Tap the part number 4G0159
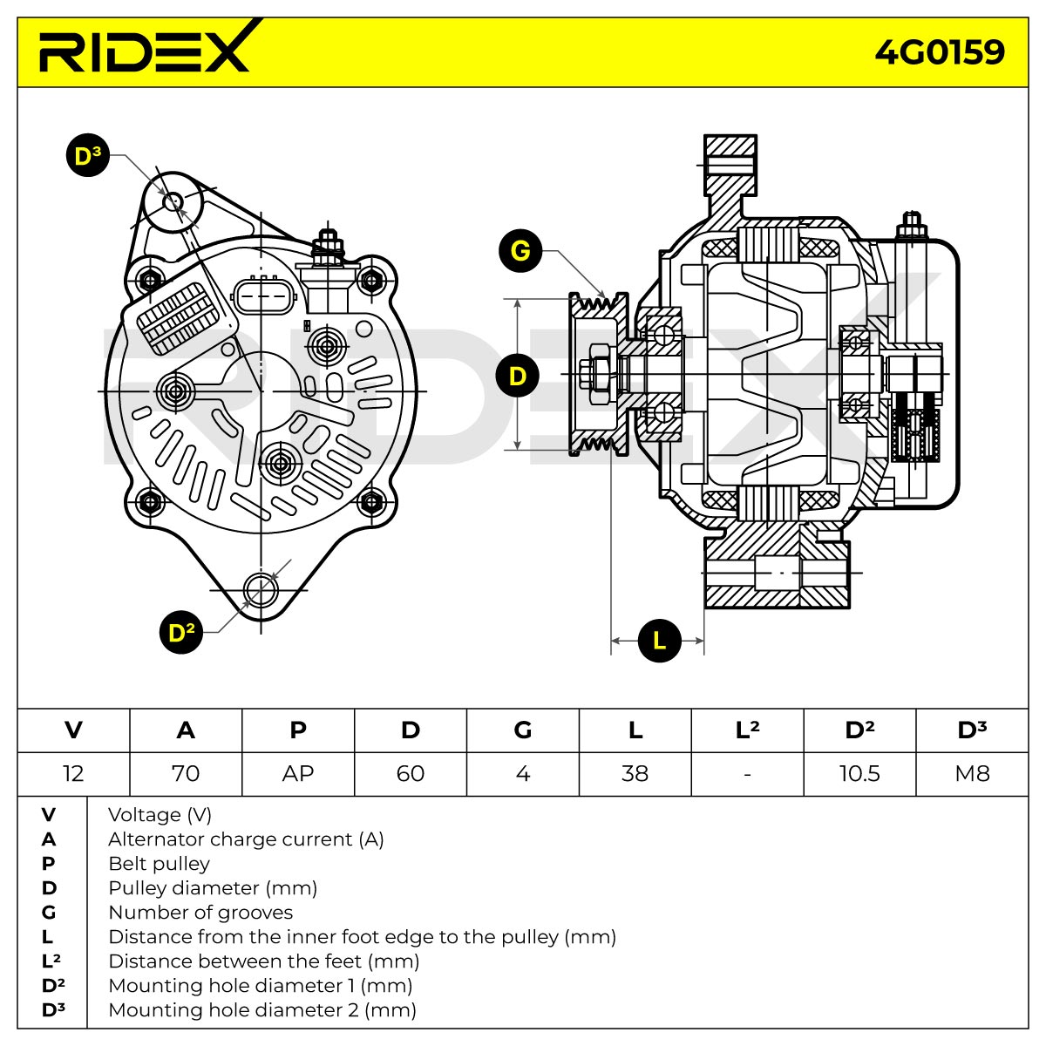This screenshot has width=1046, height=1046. point(939,52)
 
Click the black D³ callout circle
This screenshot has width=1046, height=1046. point(88,155)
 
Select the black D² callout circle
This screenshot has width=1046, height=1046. point(181,632)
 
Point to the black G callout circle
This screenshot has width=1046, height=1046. point(520,251)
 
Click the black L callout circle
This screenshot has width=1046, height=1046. point(659,641)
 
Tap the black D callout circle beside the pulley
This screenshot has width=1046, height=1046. point(517,376)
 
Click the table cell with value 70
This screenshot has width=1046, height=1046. point(186,773)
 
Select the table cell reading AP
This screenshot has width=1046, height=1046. point(298,773)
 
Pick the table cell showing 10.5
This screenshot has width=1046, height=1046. point(859,773)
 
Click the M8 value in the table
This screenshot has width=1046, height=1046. point(972,773)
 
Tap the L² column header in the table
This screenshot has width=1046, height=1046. point(747,730)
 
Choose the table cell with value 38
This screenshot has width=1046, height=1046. point(635,773)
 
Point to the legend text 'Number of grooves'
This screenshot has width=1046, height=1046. point(200,913)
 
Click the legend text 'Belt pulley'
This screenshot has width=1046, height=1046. point(159,864)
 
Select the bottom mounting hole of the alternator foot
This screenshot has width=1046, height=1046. point(261,590)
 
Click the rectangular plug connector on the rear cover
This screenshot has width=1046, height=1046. point(264,296)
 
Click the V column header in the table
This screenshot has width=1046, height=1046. point(73,730)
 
